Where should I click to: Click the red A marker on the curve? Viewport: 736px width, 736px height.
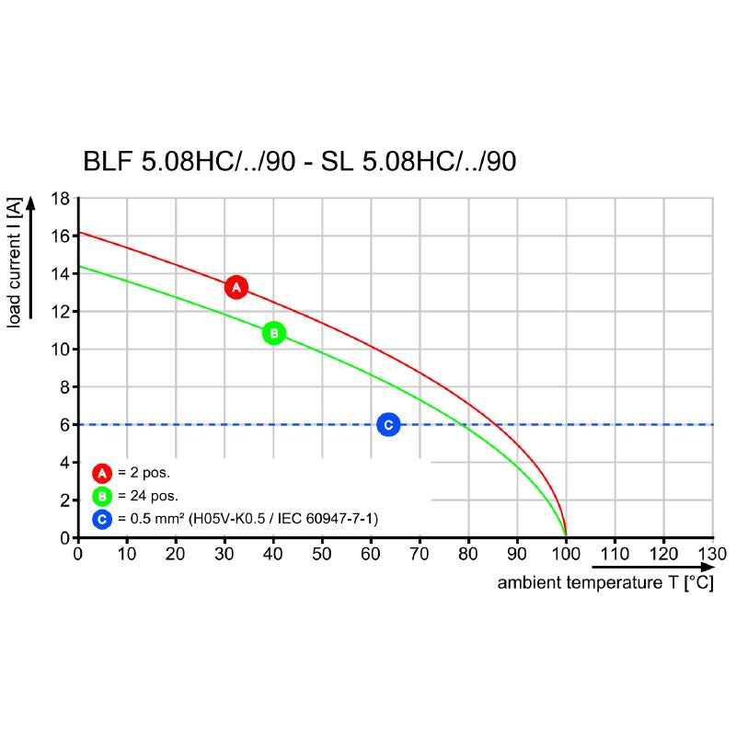[x=236, y=287]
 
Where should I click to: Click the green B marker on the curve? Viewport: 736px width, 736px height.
[x=273, y=333]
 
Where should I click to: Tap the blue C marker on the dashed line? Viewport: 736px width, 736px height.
[x=388, y=424]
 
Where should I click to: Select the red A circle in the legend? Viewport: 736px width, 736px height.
[x=102, y=474]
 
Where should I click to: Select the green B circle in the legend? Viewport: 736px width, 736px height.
[x=102, y=497]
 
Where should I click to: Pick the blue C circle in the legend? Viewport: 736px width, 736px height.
[x=102, y=520]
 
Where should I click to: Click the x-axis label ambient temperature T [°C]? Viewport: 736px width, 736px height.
[x=604, y=583]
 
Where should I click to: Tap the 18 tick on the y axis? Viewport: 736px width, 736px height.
[x=60, y=198]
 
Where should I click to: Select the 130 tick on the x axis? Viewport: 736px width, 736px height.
[x=712, y=555]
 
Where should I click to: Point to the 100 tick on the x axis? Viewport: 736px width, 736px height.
[x=566, y=555]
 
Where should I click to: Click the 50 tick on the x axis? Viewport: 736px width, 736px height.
[x=322, y=555]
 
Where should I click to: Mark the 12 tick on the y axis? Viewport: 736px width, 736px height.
[x=60, y=311]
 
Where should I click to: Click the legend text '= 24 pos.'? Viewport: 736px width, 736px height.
[x=145, y=497]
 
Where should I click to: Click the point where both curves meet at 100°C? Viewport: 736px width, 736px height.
[x=566, y=536]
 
